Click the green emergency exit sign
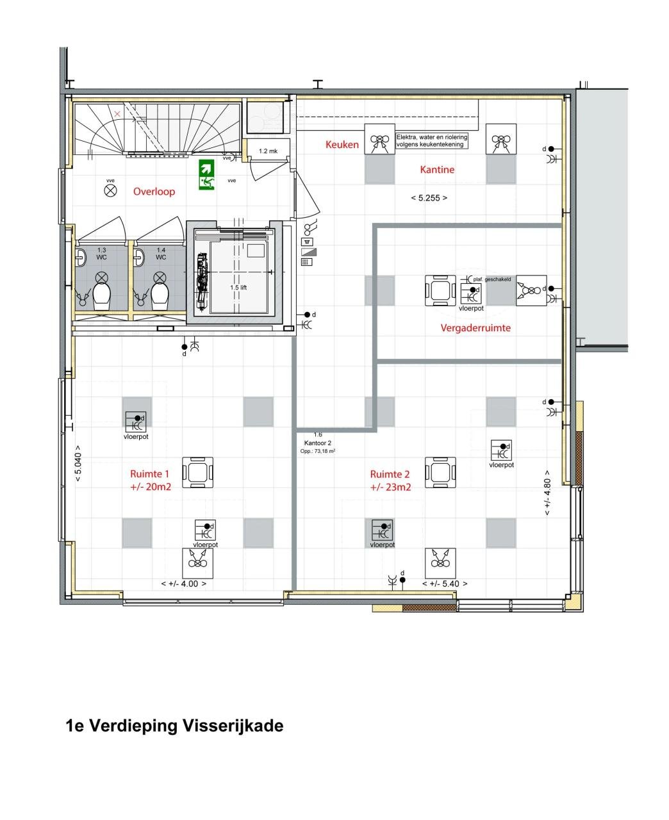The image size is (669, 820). [206, 174]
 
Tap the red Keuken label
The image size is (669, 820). [342, 145]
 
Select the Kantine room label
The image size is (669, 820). [437, 170]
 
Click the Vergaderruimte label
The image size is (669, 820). [475, 328]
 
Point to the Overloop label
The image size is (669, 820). [154, 192]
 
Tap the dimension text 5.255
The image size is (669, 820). [429, 198]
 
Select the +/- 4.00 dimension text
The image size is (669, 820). [184, 584]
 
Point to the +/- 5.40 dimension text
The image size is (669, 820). [445, 584]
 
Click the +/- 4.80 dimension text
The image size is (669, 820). [547, 494]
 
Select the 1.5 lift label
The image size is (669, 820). [238, 288]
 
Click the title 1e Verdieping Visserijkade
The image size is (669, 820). [174, 726]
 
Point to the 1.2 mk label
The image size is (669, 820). [268, 152]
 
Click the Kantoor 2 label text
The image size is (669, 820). [318, 443]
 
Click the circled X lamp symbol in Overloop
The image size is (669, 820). [111, 190]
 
